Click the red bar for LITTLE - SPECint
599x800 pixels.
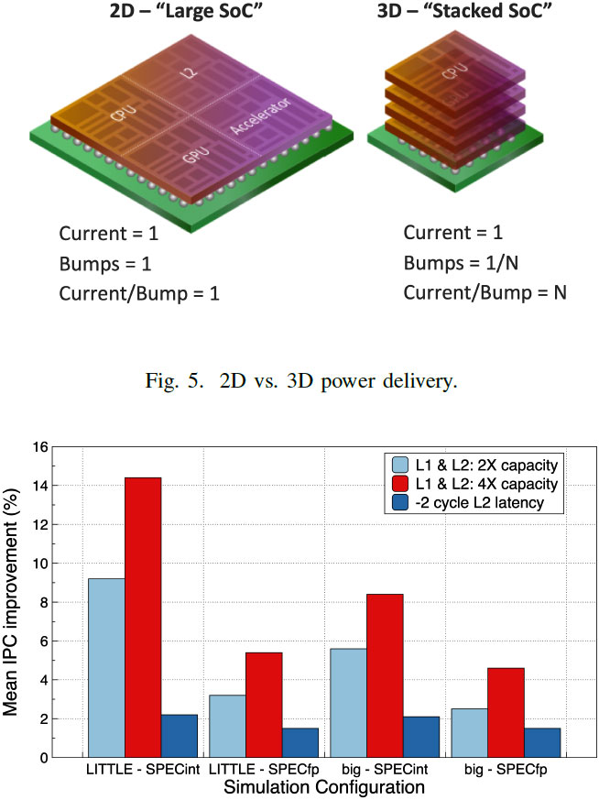(143, 617)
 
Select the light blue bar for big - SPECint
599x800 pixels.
(349, 702)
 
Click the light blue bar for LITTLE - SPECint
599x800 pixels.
(105, 667)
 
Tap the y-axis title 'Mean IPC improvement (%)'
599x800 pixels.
(16, 601)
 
